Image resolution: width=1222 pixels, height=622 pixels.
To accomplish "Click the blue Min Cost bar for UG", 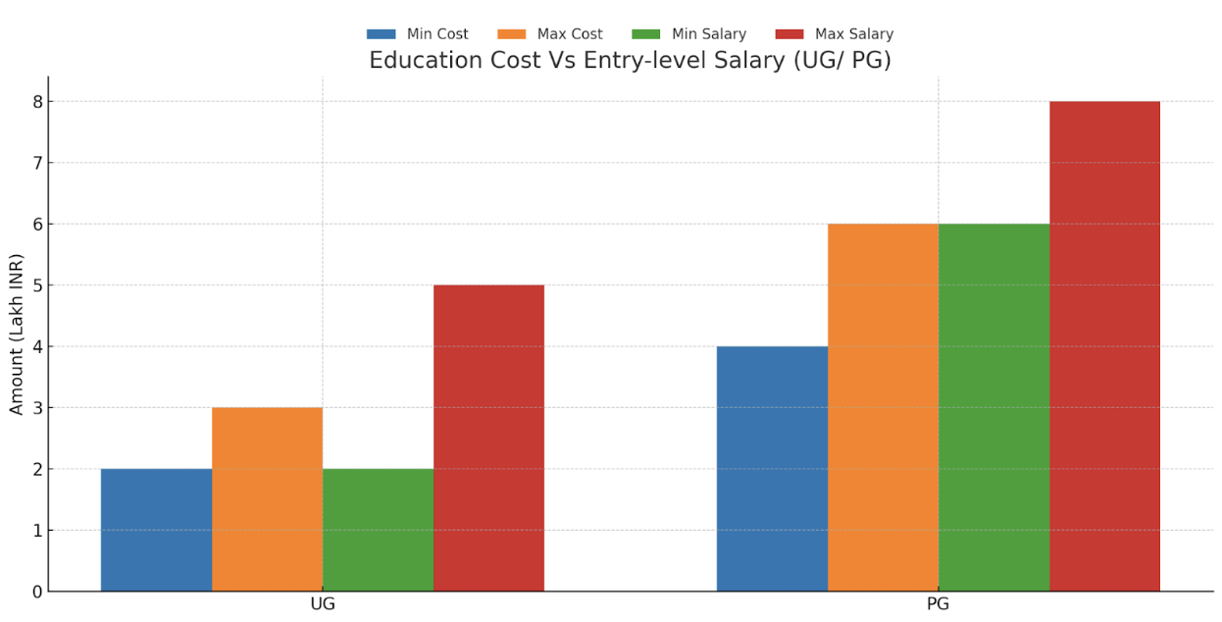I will tap(156, 530).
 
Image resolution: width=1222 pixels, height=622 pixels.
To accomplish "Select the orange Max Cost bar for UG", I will tap(267, 499).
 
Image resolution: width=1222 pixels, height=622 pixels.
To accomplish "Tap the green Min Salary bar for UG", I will tap(378, 530).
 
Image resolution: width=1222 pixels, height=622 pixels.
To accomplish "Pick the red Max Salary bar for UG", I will tap(488, 438).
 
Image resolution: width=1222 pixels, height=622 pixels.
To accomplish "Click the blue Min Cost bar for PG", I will tap(772, 469).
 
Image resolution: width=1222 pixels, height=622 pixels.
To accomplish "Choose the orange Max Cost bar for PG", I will tap(883, 407).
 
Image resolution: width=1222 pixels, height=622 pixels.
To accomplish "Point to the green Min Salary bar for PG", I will tap(993, 407).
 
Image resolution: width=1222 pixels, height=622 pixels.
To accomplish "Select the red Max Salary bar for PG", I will tap(1104, 346).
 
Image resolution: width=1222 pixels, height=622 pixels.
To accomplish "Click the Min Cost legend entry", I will tap(418, 34).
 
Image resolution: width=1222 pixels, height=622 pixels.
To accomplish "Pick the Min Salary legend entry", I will tap(688, 34).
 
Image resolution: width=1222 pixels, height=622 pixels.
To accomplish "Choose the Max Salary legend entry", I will tap(834, 34).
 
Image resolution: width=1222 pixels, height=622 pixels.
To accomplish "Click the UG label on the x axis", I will tap(323, 604).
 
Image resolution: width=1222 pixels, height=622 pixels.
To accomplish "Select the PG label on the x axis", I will tap(938, 604).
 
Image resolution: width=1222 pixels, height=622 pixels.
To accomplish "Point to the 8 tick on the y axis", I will tap(37, 102).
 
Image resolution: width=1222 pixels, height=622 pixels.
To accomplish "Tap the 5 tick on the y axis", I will tap(37, 285).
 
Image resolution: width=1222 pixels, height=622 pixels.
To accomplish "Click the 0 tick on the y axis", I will tap(37, 592).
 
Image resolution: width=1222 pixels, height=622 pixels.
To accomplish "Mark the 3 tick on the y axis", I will tap(37, 408).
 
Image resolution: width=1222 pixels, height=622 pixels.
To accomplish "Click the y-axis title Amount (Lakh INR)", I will tap(17, 334).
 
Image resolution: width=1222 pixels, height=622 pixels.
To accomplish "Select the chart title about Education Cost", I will tap(630, 61).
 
